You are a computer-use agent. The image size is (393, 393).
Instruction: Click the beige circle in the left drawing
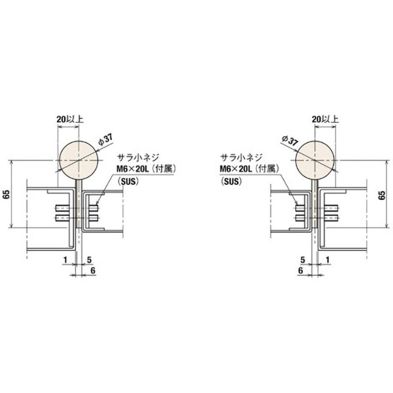click(x=79, y=160)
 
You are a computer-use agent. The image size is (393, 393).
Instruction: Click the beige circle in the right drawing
click(x=315, y=160)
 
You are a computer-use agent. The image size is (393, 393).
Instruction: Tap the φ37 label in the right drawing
click(x=289, y=140)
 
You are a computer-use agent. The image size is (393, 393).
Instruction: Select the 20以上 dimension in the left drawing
click(x=70, y=119)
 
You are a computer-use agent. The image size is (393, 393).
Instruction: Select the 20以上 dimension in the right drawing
click(x=325, y=119)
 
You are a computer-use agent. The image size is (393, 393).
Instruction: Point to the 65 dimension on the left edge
click(x=7, y=194)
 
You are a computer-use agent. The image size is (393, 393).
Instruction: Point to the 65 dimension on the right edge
click(x=382, y=195)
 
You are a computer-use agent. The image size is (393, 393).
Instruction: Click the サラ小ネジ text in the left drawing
click(x=138, y=158)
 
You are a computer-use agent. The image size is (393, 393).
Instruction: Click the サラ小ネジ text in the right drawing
click(x=241, y=158)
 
